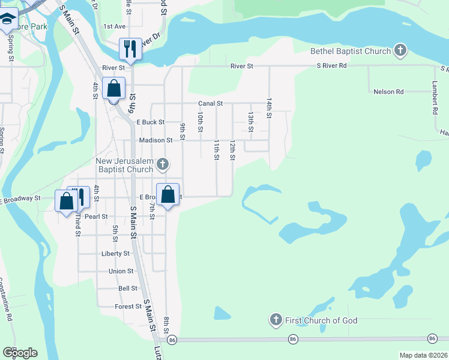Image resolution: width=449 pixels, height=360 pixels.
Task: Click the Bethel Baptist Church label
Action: coord(351,51)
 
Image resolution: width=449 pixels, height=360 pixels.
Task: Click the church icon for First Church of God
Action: coord(276,320)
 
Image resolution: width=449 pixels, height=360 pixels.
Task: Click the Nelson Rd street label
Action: coord(388,92)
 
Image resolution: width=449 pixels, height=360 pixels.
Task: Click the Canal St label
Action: coord(211,104)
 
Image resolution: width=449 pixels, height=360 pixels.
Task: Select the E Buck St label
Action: coord(150,122)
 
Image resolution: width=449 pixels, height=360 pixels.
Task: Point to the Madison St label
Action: coord(155,140)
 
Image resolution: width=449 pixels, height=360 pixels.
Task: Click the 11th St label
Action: coord(217,150)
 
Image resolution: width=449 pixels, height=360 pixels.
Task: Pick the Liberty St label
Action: coord(115,254)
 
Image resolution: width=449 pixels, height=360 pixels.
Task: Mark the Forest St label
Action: coord(127,307)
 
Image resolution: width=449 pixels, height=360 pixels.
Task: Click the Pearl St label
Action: coord(96,217)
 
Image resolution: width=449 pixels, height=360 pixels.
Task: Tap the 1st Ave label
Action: coord(114,26)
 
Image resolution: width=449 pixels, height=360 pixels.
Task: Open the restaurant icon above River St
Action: coord(130,48)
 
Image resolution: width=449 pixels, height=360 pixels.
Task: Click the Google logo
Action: coord(20,353)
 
